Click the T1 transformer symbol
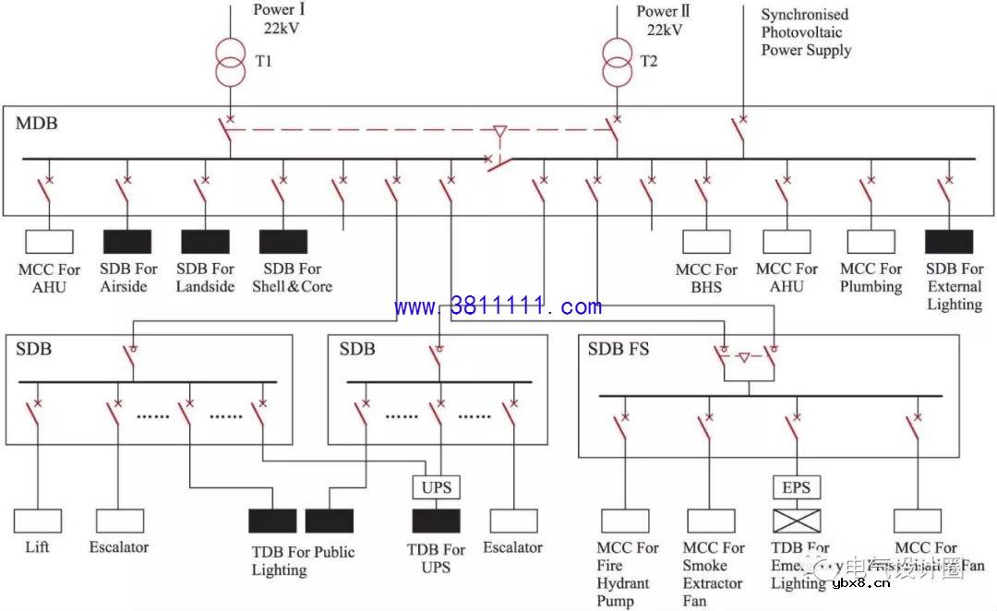231,61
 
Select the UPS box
436,486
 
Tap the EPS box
797,486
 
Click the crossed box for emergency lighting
797,521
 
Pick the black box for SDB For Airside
127,242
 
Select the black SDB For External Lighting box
948,242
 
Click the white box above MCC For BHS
706,242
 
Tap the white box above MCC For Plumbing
871,242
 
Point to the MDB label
36,123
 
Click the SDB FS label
619,350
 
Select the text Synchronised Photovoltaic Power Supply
805,32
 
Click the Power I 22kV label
280,19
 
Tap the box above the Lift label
38,521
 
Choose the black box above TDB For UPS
436,521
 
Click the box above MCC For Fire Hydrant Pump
624,521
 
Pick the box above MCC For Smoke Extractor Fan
710,521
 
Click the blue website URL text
498,306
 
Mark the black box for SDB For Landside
205,242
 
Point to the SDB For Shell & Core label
292,278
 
